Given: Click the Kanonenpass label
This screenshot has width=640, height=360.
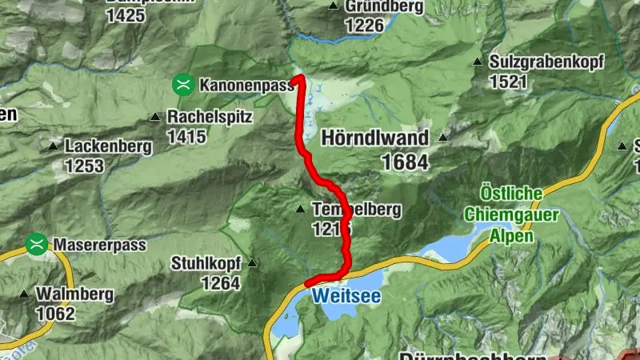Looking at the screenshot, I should point(247,84).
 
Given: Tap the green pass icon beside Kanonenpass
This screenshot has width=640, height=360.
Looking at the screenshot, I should point(183,83).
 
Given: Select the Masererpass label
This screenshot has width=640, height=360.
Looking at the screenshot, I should point(100,245).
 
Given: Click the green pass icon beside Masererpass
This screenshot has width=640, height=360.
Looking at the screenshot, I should point(36,244).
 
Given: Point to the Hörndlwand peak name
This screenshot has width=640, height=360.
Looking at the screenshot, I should point(374,138).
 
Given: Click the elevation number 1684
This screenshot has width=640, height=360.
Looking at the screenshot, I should point(405,162).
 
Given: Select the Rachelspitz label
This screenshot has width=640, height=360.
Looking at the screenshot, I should point(210,117).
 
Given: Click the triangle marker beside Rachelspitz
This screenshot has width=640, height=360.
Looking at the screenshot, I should point(155,118).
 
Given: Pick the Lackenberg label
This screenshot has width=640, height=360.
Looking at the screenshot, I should point(109,146).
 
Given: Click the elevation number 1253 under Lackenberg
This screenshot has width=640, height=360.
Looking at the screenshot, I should point(85,166).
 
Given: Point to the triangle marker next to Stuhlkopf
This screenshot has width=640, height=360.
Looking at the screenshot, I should point(253,262).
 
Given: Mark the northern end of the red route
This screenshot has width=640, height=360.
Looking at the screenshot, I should point(298,78).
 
